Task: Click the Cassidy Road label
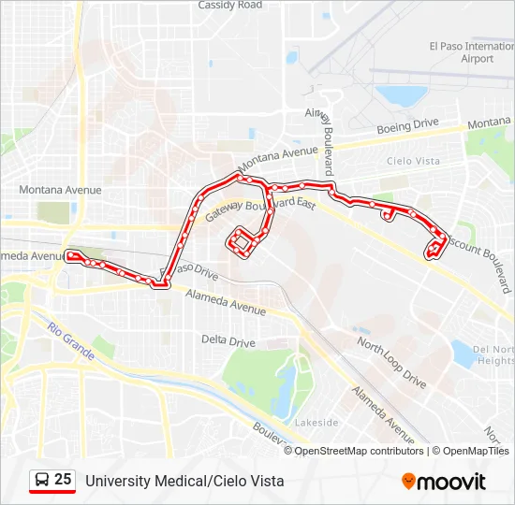pyautogui.click(x=230, y=6)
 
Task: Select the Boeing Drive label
pyautogui.click(x=407, y=123)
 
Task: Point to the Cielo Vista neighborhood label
pyautogui.click(x=413, y=161)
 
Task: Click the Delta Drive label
pyautogui.click(x=228, y=343)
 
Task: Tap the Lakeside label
pyautogui.click(x=316, y=423)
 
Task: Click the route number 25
pyautogui.click(x=63, y=480)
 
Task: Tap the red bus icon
pyautogui.click(x=42, y=481)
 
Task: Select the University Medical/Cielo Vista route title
pyautogui.click(x=184, y=482)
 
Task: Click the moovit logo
pyautogui.click(x=444, y=482)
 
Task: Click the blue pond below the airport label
pyautogui.click(x=401, y=94)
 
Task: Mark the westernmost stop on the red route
pyautogui.click(x=69, y=252)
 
